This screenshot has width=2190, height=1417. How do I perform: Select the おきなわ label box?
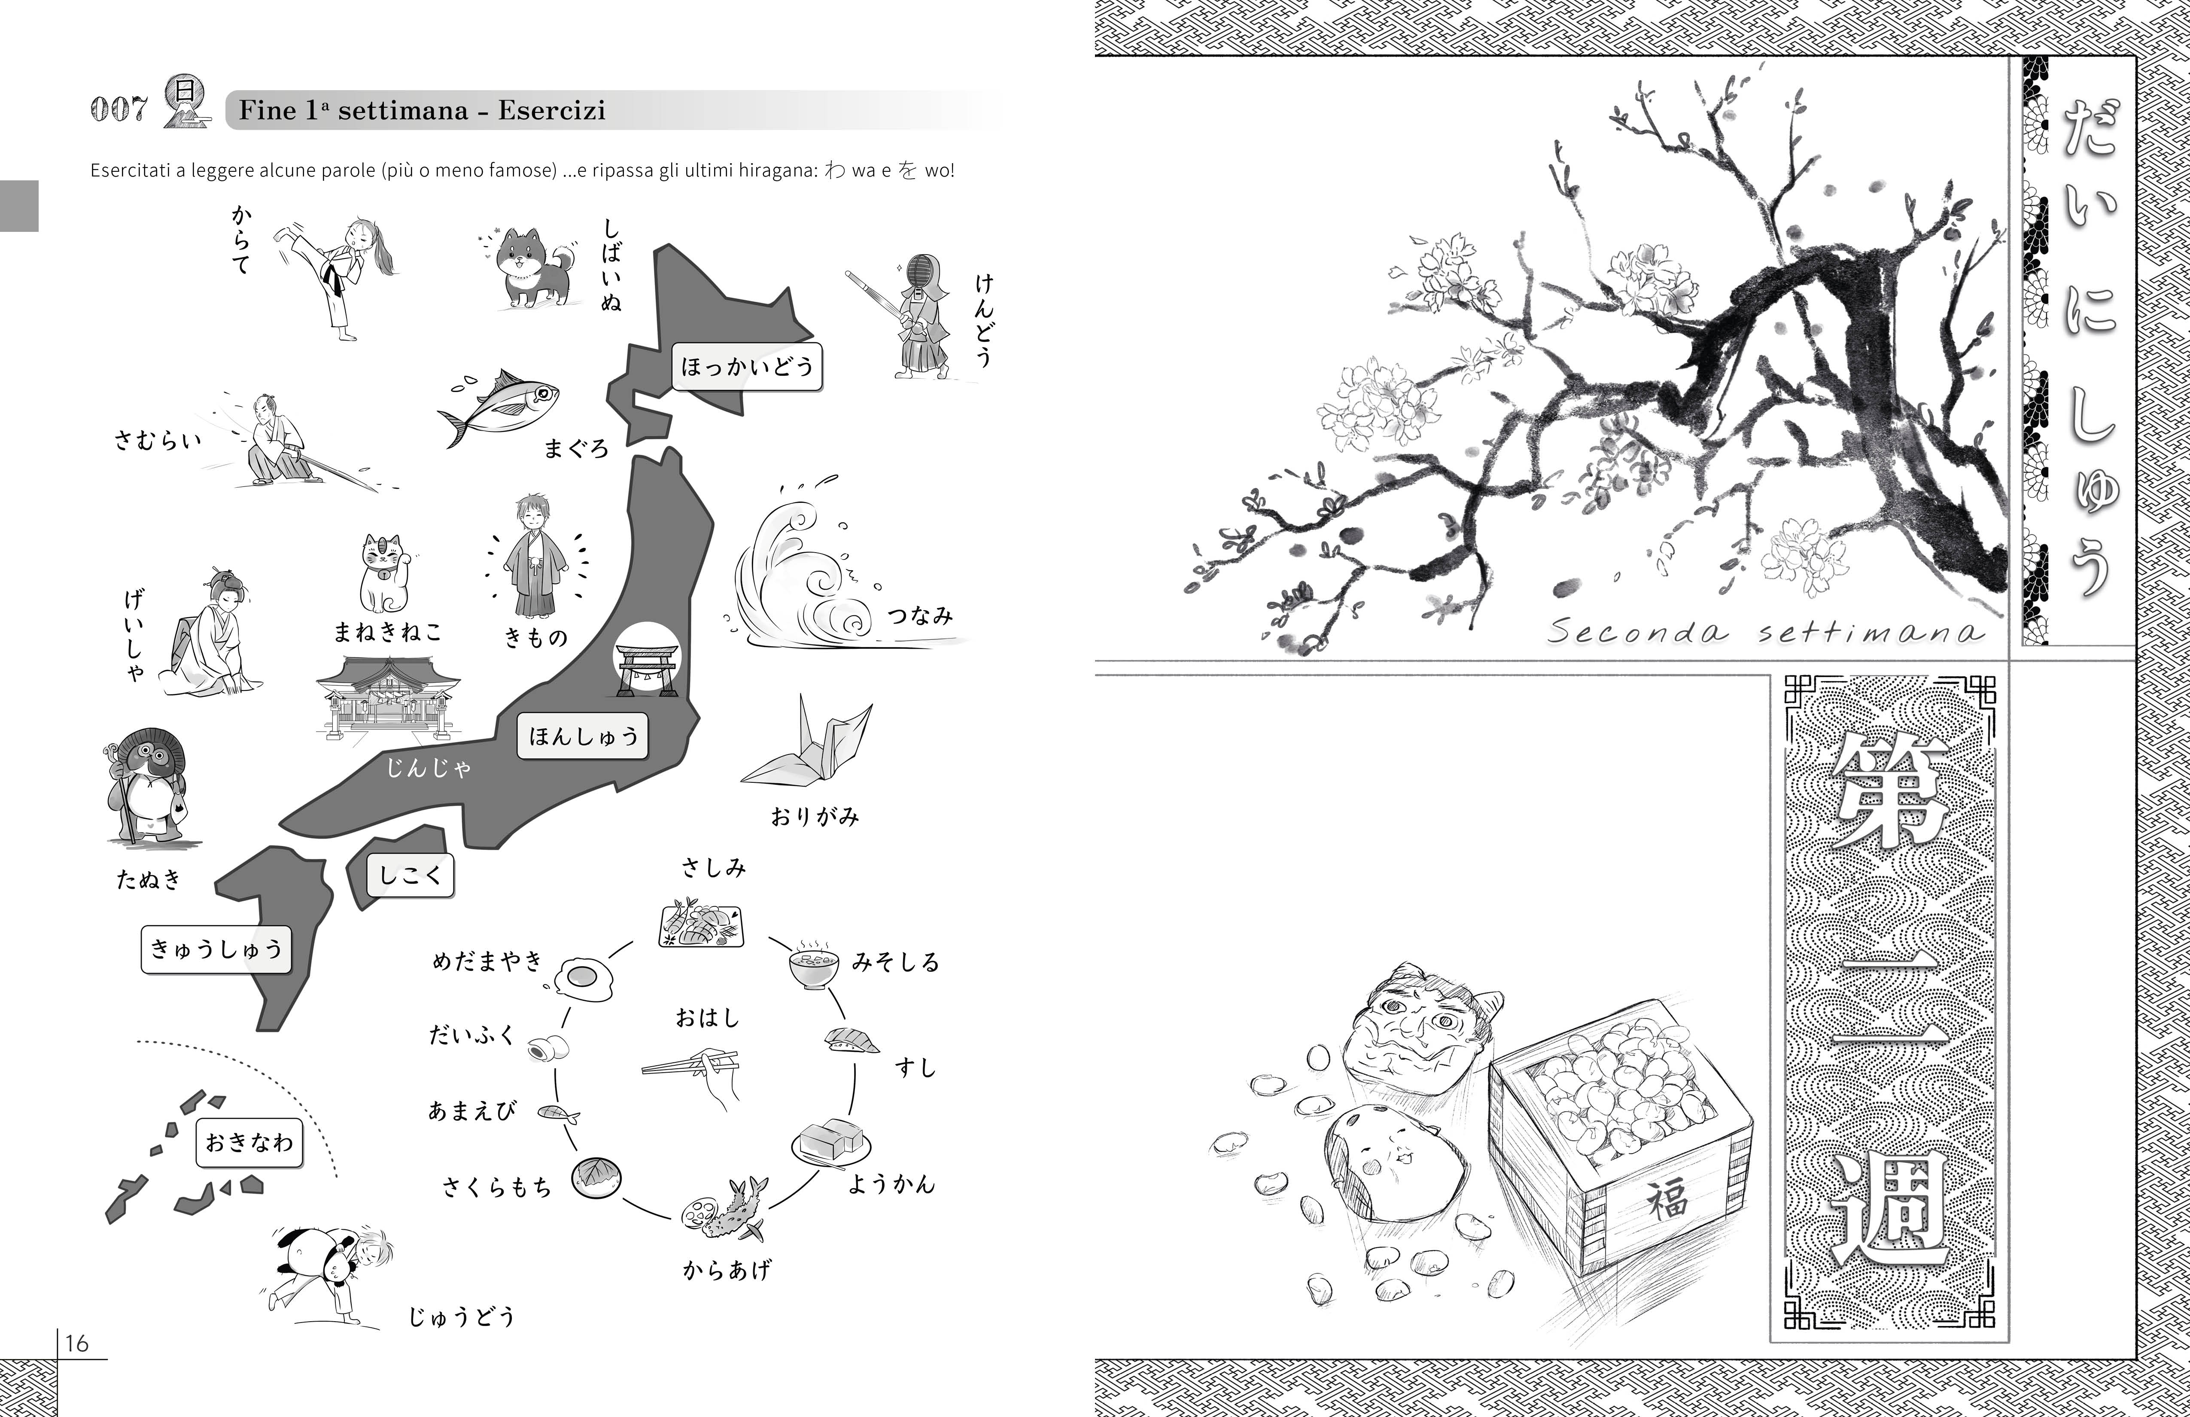tap(249, 1142)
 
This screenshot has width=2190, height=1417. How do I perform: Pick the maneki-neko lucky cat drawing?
tap(385, 573)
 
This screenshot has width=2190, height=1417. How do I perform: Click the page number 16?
tap(76, 1344)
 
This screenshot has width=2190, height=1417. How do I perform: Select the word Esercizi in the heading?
tap(552, 110)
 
